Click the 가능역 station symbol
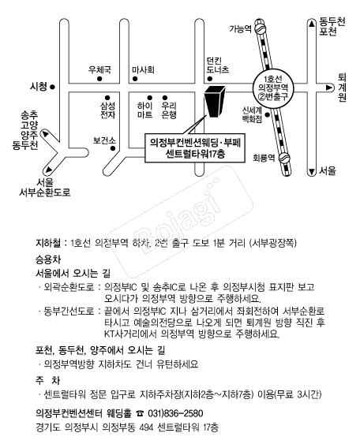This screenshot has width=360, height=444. tap(261, 29)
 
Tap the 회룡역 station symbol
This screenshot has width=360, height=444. tap(284, 159)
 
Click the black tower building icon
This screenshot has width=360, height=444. tap(215, 101)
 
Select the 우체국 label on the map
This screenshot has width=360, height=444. tap(99, 69)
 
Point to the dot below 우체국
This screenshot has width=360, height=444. tap(99, 79)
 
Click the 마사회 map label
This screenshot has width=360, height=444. tap(143, 69)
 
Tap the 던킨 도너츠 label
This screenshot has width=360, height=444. tap(217, 65)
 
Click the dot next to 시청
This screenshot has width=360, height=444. tap(52, 88)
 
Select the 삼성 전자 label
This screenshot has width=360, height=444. tap(107, 110)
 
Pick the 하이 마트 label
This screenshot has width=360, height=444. tap(144, 110)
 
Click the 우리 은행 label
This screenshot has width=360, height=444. tap(169, 110)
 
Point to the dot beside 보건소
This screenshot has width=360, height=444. tap(113, 148)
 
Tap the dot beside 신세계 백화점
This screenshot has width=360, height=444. tap(267, 114)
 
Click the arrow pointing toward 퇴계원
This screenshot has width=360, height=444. tap(329, 88)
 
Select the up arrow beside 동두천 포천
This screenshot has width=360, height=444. tap(312, 24)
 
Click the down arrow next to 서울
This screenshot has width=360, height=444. tap(312, 171)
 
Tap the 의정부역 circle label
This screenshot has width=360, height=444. tap(273, 88)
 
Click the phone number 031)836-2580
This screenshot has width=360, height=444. tap(175, 413)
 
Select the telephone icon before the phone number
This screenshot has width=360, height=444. tap(140, 414)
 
